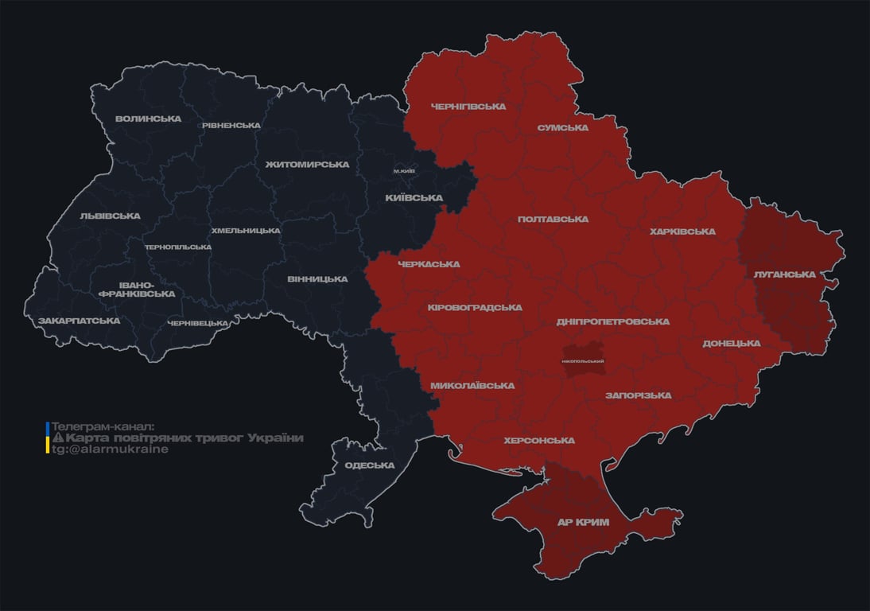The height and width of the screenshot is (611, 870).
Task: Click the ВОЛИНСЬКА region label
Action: click(148, 119)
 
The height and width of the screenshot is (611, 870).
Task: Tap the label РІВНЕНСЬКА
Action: click(231, 125)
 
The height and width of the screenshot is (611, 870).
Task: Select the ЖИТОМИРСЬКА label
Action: click(307, 165)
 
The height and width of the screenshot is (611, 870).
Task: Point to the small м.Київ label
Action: click(404, 171)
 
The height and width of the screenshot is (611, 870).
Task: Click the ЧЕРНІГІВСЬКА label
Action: click(468, 106)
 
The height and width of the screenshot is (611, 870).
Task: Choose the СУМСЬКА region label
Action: click(562, 127)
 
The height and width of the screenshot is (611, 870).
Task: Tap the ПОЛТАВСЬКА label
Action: click(553, 219)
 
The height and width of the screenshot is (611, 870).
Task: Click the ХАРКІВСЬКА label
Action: click(682, 232)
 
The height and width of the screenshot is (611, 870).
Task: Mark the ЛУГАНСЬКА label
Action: click(785, 274)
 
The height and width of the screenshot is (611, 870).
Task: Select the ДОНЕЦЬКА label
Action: click(731, 343)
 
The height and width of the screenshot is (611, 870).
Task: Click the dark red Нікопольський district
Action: click(583, 360)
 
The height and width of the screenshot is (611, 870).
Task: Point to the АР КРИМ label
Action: click(583, 523)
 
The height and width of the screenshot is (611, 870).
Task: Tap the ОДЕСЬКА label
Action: click(369, 465)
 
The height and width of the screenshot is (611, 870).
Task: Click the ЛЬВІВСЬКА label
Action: click(110, 216)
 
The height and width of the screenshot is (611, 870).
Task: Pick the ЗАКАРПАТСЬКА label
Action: click(79, 321)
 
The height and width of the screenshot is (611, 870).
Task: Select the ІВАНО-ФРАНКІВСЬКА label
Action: click(136, 289)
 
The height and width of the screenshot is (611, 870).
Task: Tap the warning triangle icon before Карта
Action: click(57, 438)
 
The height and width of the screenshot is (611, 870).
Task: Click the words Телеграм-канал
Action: click(103, 426)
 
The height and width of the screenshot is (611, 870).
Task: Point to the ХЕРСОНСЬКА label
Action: click(539, 440)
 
